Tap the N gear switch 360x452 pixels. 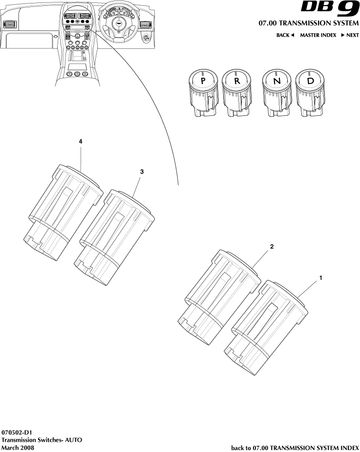pyautogui.click(x=277, y=81)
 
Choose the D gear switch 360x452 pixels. pyautogui.click(x=310, y=81)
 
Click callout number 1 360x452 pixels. pyautogui.click(x=320, y=278)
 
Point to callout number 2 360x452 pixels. pyautogui.click(x=272, y=247)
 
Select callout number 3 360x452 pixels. pyautogui.click(x=142, y=172)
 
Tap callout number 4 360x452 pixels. pyautogui.click(x=81, y=141)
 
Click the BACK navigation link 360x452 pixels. pyautogui.click(x=285, y=35)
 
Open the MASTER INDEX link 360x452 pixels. pyautogui.click(x=318, y=35)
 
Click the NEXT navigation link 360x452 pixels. pyautogui.click(x=350, y=35)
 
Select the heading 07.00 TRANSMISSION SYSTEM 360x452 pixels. pyautogui.click(x=309, y=23)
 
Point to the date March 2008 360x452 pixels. pyautogui.click(x=18, y=447)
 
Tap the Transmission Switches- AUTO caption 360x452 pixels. pyautogui.click(x=42, y=440)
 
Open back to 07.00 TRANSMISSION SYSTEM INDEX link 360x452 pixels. pyautogui.click(x=295, y=447)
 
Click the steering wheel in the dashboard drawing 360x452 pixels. pyautogui.click(x=117, y=24)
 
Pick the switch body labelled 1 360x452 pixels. pyautogui.click(x=266, y=327)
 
